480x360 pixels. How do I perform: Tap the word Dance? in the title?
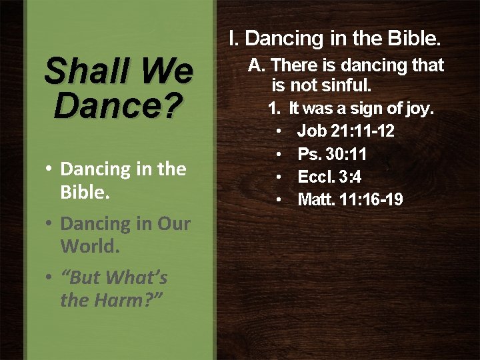coord(118,106)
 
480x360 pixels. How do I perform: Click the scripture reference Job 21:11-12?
coord(345,131)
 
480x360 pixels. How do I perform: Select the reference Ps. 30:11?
coord(332,155)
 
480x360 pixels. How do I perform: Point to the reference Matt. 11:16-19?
coord(350,199)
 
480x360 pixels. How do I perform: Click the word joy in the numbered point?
coord(417,108)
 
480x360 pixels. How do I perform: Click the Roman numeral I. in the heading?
coord(233,39)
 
